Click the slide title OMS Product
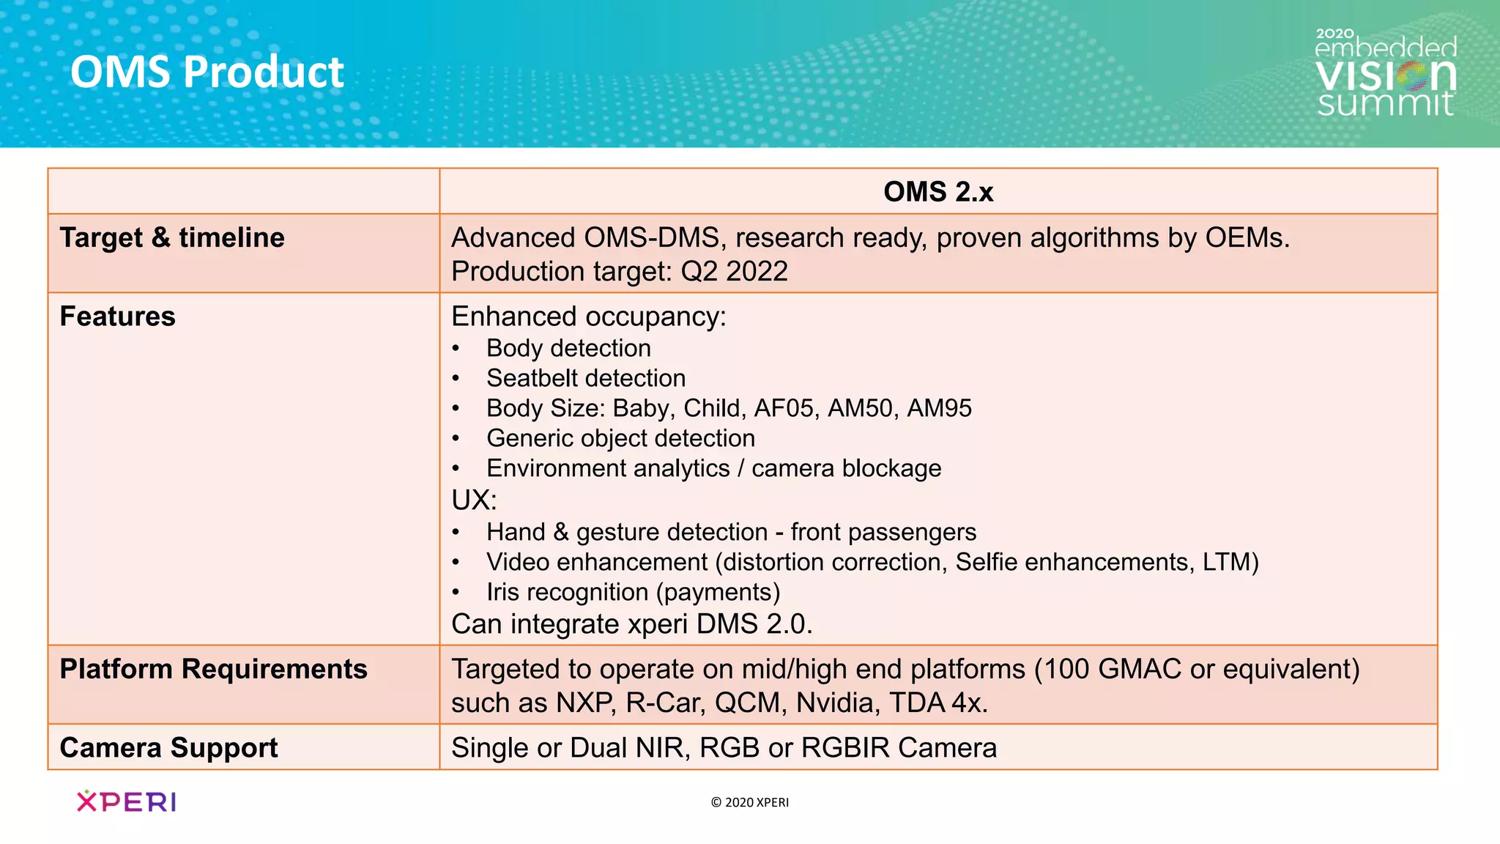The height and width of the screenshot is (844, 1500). pyautogui.click(x=207, y=73)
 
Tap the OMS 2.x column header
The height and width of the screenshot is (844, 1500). pyautogui.click(x=937, y=192)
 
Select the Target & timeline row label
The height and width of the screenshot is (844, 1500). pyautogui.click(x=172, y=238)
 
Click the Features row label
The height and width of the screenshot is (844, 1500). pyautogui.click(x=117, y=316)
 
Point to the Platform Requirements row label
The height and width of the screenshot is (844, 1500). pyautogui.click(x=213, y=670)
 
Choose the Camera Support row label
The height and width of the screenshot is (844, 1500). pyautogui.click(x=168, y=748)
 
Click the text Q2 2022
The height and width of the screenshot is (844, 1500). pyautogui.click(x=734, y=272)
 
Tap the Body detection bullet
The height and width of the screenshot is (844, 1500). pyautogui.click(x=568, y=348)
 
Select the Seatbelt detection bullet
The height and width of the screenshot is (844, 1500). pyautogui.click(x=586, y=378)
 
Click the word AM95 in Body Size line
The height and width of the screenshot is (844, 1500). pyautogui.click(x=939, y=408)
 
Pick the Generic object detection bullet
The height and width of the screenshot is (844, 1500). pyautogui.click(x=620, y=438)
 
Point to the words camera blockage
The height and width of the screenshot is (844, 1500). pyautogui.click(x=846, y=468)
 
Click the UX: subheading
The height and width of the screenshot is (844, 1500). pyautogui.click(x=474, y=500)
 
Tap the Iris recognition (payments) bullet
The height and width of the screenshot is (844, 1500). pyautogui.click(x=633, y=592)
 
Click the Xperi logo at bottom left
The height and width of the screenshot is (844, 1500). pyautogui.click(x=126, y=802)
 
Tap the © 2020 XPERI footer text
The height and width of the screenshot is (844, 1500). pyautogui.click(x=749, y=802)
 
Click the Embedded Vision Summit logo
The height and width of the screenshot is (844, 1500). pyautogui.click(x=1385, y=73)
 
